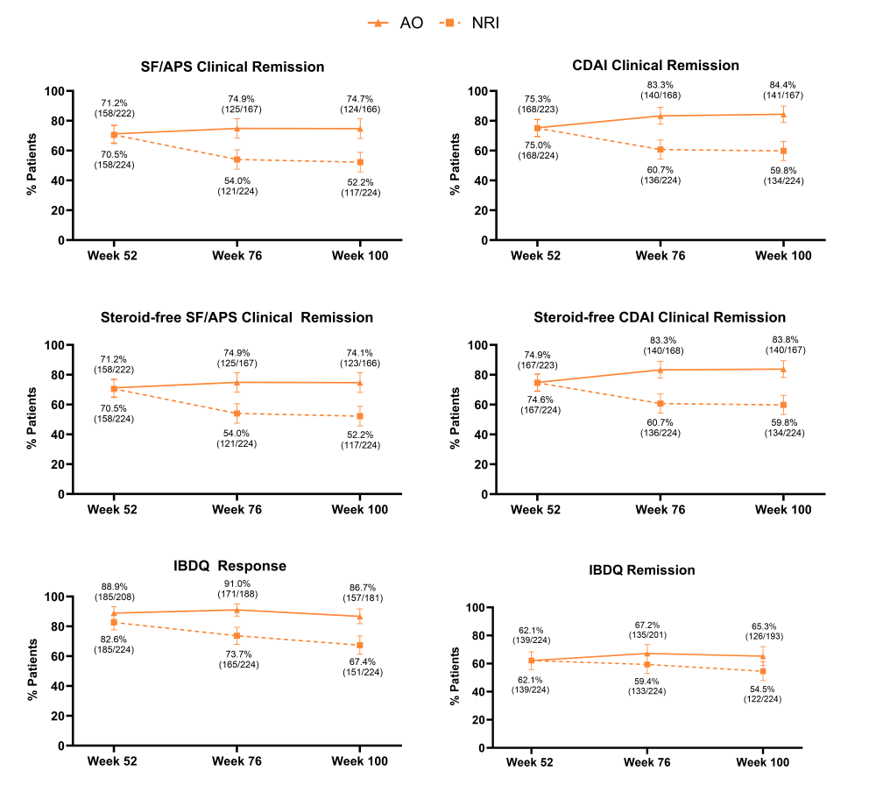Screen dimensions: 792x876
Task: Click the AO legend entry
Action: coord(397,23)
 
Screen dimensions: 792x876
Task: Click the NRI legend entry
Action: coord(474,23)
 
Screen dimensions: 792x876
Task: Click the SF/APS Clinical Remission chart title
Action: coord(233,67)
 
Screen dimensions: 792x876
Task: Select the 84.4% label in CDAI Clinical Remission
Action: coord(784,85)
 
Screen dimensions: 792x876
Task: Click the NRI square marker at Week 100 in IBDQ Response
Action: coord(360,646)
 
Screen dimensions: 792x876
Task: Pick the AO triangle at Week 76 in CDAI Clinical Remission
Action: coord(661,116)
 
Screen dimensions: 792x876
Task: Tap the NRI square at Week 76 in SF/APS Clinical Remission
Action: coord(237,159)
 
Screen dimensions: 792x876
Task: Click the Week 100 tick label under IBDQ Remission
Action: coord(761,763)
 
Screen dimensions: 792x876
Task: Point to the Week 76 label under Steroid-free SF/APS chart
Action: coord(237,509)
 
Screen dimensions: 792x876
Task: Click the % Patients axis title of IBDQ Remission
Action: coord(455,677)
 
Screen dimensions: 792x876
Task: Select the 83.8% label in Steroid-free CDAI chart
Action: coord(784,340)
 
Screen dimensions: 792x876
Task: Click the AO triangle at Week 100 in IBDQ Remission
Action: coord(761,656)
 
